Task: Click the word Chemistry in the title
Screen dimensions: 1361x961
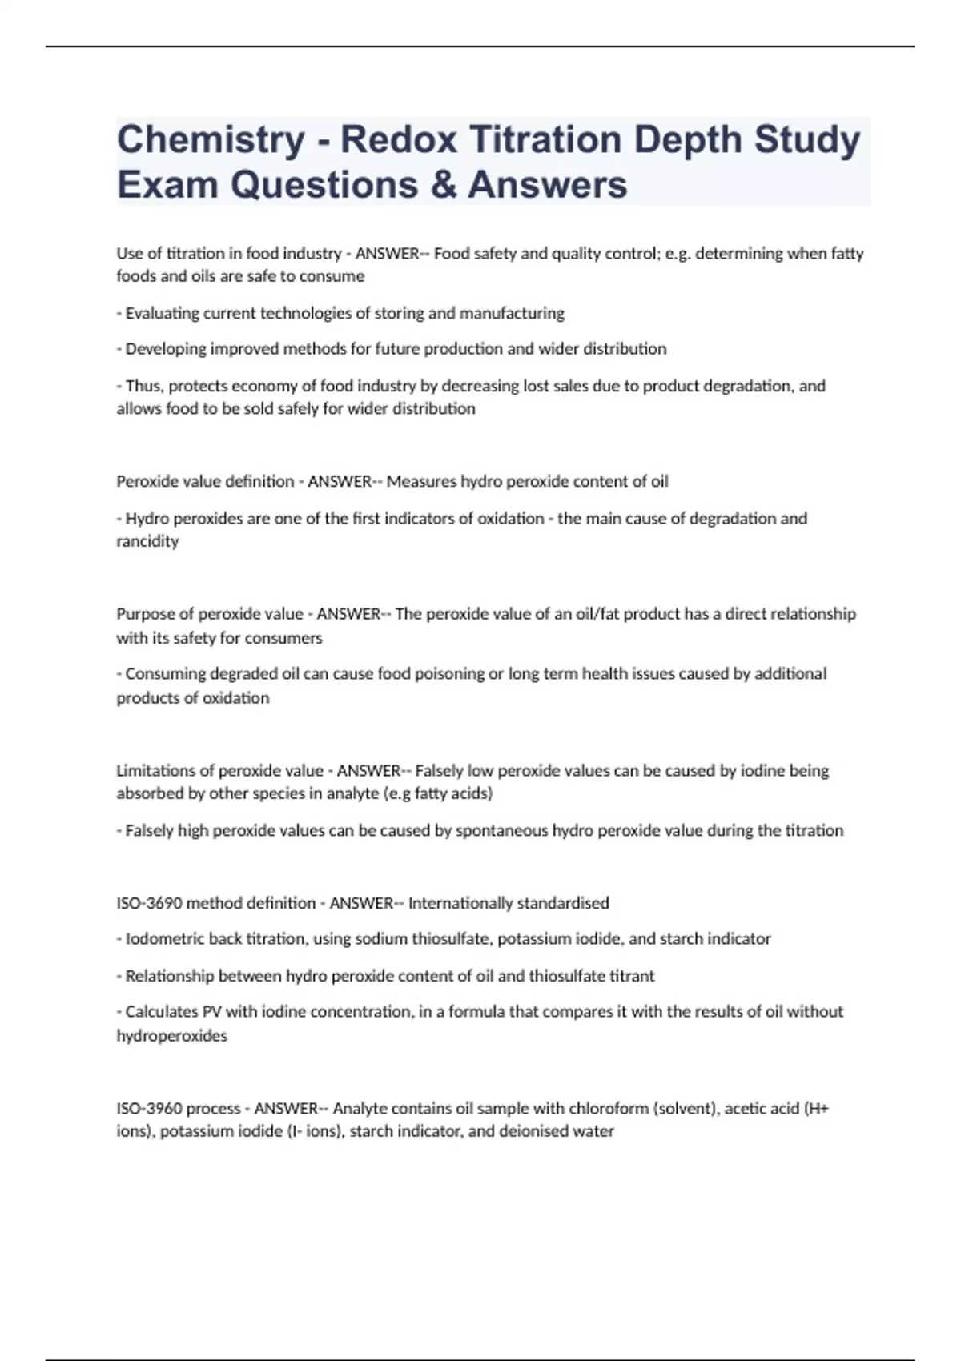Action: pos(211,140)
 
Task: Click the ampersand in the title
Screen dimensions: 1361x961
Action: pos(443,185)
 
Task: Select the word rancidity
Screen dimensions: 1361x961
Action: pos(147,541)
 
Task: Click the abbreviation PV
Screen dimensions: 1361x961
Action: pos(211,1012)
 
